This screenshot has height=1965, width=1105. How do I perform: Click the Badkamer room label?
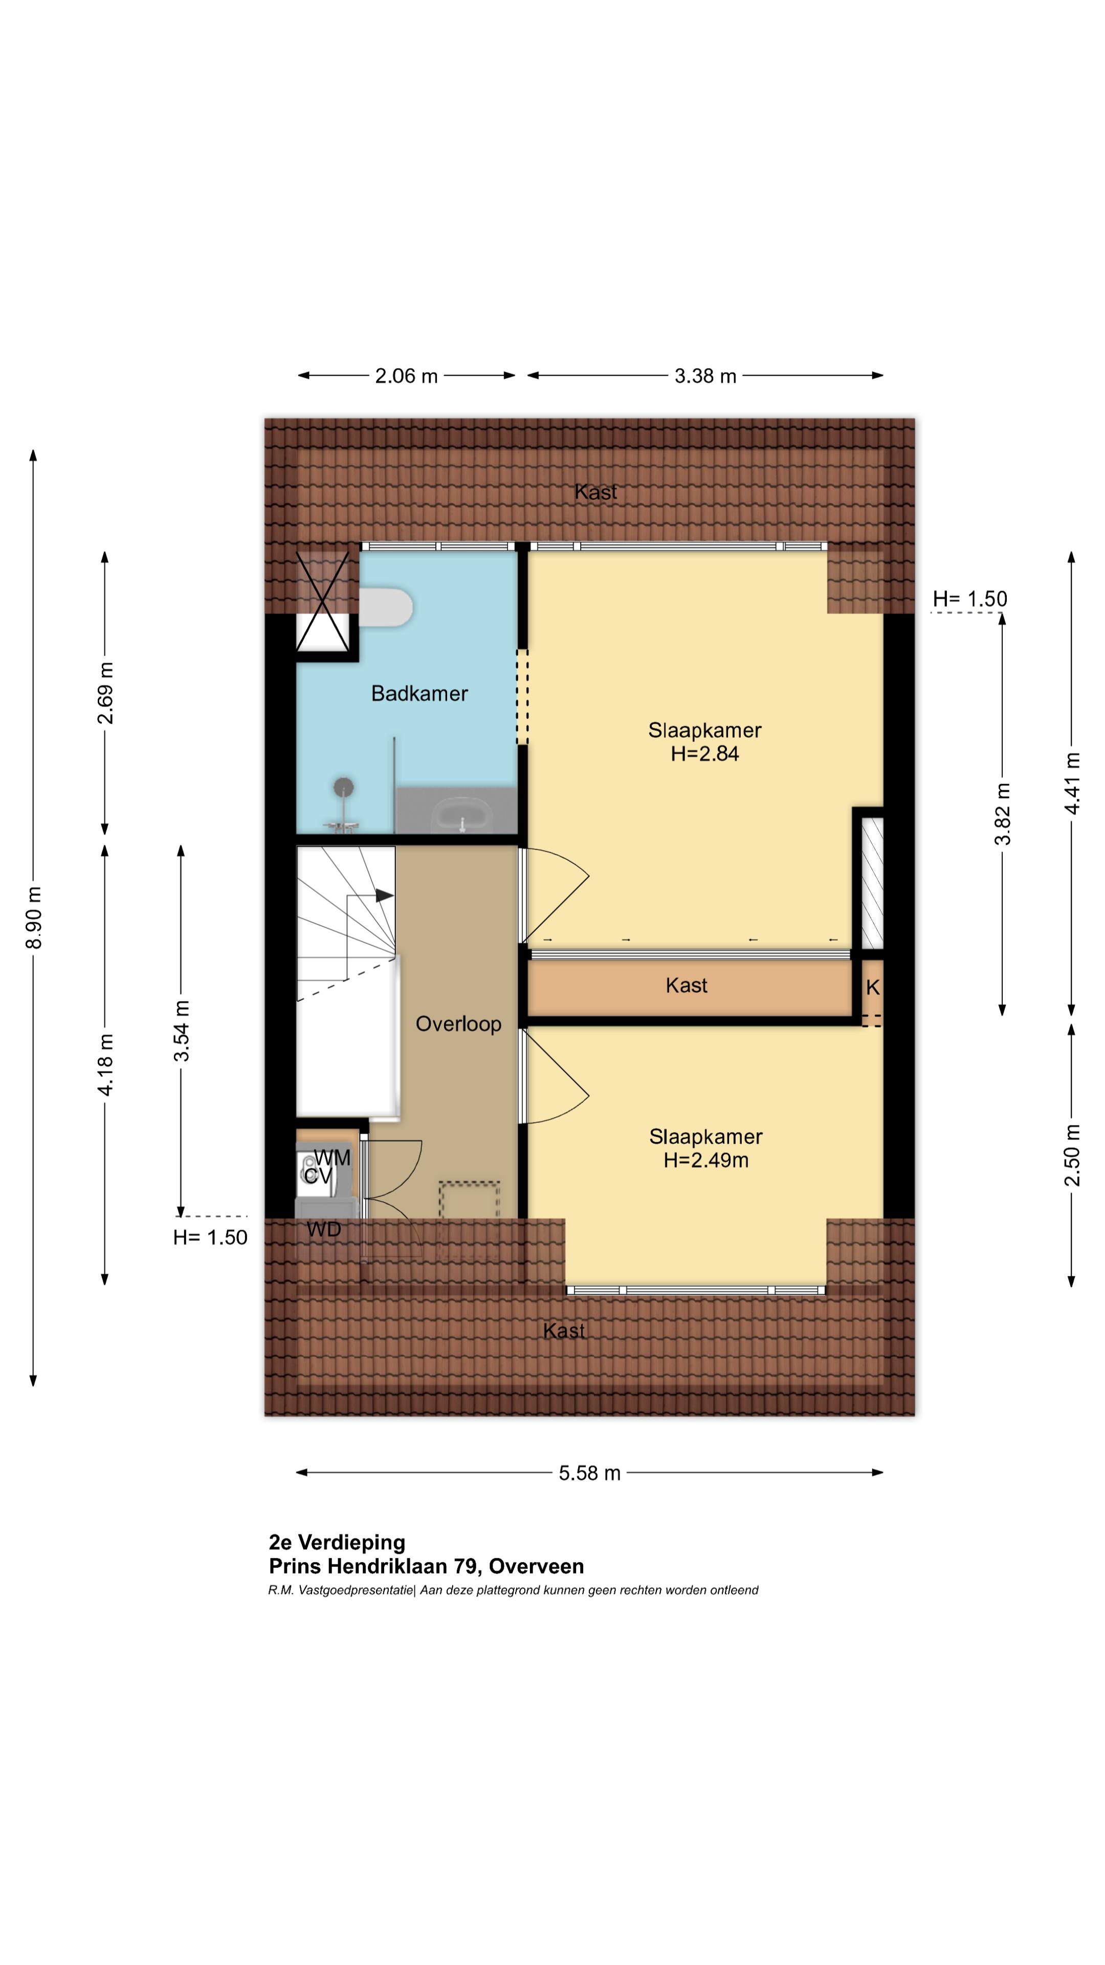(x=419, y=693)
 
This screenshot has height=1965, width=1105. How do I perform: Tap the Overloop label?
(x=458, y=1023)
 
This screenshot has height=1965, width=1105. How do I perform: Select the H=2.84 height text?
(x=704, y=754)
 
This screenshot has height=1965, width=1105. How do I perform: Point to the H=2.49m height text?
(x=705, y=1160)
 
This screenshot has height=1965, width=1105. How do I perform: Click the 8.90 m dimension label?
(x=34, y=918)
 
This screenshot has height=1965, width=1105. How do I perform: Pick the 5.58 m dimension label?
(x=589, y=1473)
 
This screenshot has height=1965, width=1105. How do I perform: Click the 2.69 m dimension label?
(x=106, y=693)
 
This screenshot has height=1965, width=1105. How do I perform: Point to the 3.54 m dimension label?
(x=182, y=1031)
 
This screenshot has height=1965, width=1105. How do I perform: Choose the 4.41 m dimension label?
(x=1072, y=783)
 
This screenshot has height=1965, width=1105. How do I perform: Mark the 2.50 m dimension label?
(x=1072, y=1155)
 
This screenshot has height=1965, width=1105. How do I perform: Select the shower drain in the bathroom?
(x=344, y=787)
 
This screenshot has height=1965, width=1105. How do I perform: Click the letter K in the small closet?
(x=872, y=988)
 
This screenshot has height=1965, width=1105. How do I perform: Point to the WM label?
(x=333, y=1158)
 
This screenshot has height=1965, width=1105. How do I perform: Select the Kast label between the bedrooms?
(x=687, y=986)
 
